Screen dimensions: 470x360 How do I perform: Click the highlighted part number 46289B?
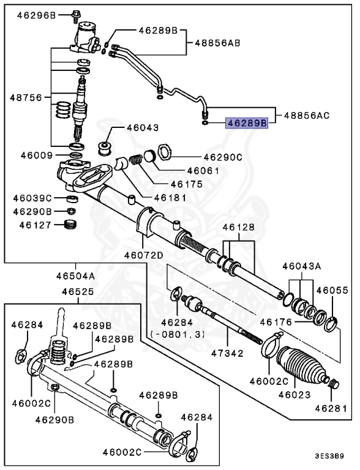pos(247,123)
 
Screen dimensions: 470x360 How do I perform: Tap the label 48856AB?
pos(217,43)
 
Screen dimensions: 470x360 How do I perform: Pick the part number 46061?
pos(203,171)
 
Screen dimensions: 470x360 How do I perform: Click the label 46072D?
pos(143,255)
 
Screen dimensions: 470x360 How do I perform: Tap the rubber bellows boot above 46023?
pos(300,365)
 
